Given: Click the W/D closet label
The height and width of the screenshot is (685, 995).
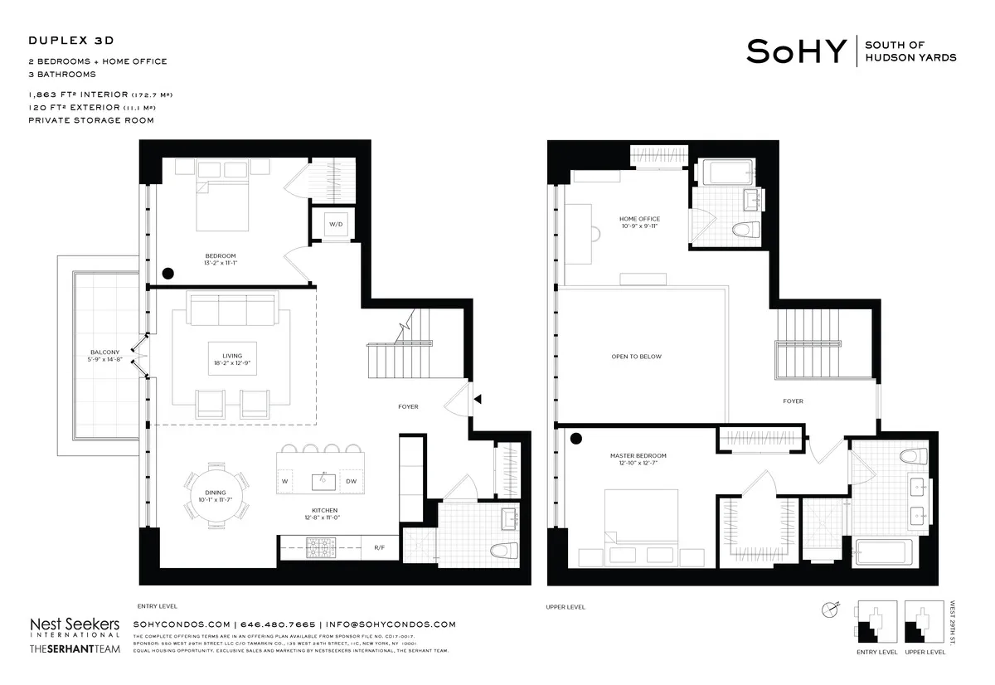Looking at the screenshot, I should pos(335,224).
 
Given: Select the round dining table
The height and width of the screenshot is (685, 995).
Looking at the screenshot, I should pos(215,496).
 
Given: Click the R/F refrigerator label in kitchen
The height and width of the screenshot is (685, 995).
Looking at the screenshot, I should pos(379,547).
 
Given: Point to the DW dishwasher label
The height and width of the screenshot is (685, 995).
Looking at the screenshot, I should pos(351,481).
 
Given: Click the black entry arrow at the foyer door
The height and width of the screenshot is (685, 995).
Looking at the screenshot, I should pos(477,400).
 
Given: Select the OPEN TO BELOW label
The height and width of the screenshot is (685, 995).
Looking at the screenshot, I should pos(636,357).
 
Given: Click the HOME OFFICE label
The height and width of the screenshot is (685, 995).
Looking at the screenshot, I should pos(639,219).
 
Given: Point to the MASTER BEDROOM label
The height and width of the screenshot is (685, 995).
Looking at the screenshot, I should pos(638,456).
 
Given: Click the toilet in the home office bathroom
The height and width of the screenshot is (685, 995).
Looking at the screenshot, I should pos(742,230).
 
